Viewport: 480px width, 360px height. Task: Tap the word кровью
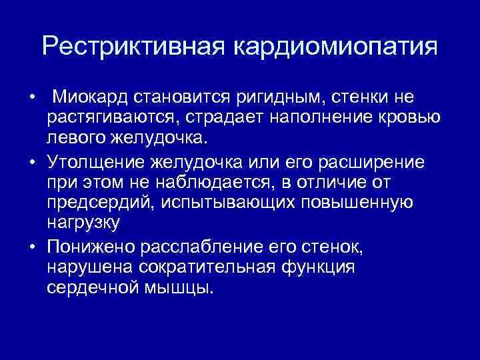coord(396,119)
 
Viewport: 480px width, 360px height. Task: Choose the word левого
coord(78,139)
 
